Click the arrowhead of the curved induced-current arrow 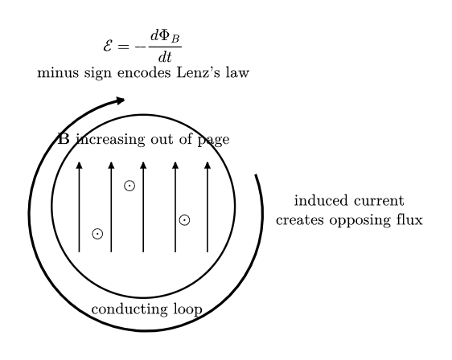coord(121,100)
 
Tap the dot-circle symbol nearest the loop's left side coord(97,234)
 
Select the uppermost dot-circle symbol coord(129,186)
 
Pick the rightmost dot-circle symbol coord(184,220)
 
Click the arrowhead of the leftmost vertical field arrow coord(80,166)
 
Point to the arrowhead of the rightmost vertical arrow coord(208,166)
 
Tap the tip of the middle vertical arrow coord(143,162)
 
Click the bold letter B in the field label coord(64,139)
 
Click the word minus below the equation coord(58,72)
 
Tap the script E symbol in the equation coord(108,46)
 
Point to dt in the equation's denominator coord(165,57)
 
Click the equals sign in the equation coord(123,47)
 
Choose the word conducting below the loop coord(129,310)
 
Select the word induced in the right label coord(321,200)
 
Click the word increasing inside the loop coord(111,139)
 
